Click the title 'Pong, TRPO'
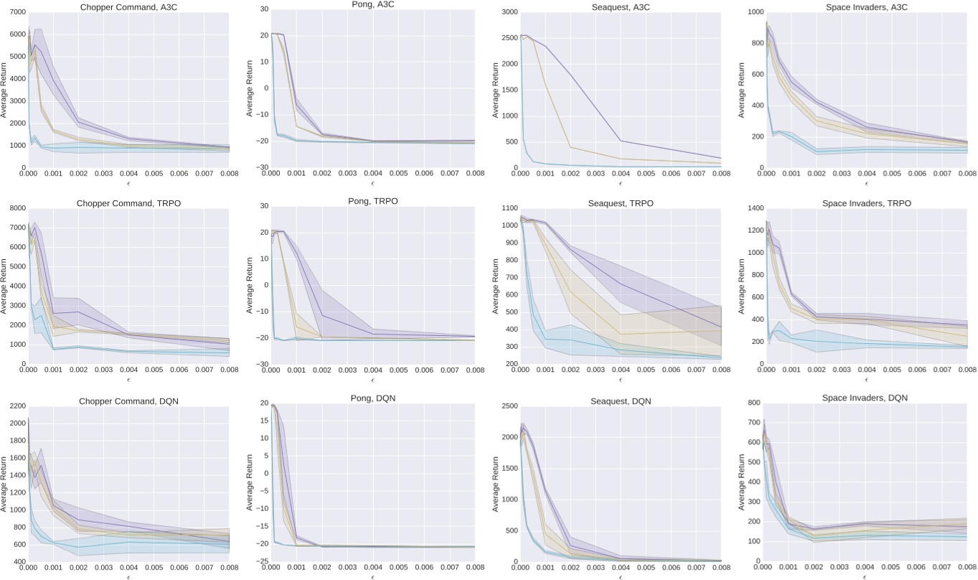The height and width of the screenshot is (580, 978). click(x=372, y=202)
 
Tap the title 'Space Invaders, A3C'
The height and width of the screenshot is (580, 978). click(x=866, y=5)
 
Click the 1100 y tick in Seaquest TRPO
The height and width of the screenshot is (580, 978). click(x=509, y=208)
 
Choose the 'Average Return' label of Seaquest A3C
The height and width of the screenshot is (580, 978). click(x=497, y=90)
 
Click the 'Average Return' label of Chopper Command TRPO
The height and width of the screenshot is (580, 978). click(x=4, y=286)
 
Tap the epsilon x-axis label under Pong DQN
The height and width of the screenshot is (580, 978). click(x=372, y=577)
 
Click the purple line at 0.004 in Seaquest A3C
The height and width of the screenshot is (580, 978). click(x=621, y=141)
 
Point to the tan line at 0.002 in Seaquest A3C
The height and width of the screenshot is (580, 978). click(x=570, y=147)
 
